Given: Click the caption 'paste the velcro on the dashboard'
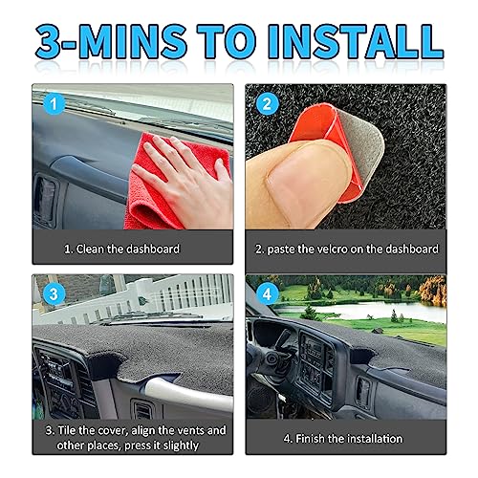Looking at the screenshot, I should pyautogui.click(x=348, y=249).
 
